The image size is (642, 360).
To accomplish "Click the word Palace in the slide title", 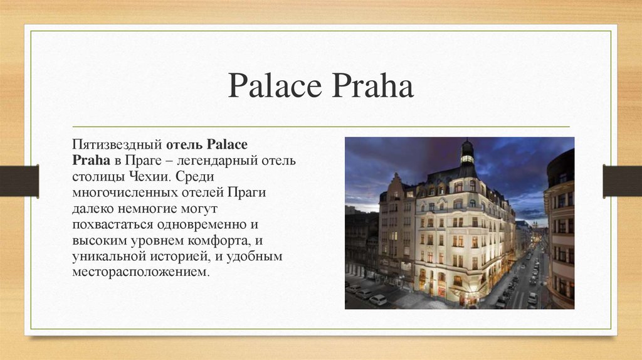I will tap(273, 87).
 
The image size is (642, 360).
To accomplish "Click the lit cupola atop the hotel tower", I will tap(467, 152).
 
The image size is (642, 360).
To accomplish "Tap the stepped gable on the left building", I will tap(394, 187).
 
